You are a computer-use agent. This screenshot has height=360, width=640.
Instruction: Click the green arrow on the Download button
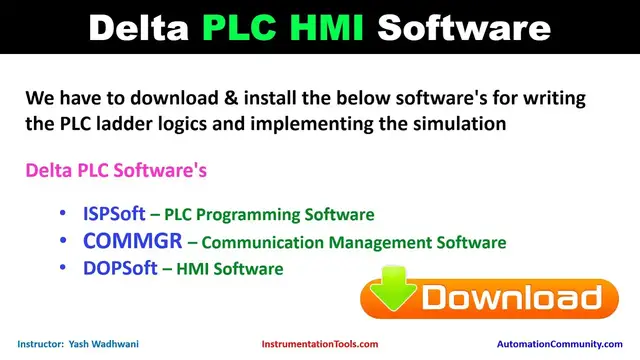[391, 297]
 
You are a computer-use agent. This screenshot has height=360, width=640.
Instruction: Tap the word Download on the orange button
[511, 298]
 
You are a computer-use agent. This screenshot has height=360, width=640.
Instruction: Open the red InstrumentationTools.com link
[320, 344]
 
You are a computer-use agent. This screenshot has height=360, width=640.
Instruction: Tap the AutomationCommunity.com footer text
[559, 344]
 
